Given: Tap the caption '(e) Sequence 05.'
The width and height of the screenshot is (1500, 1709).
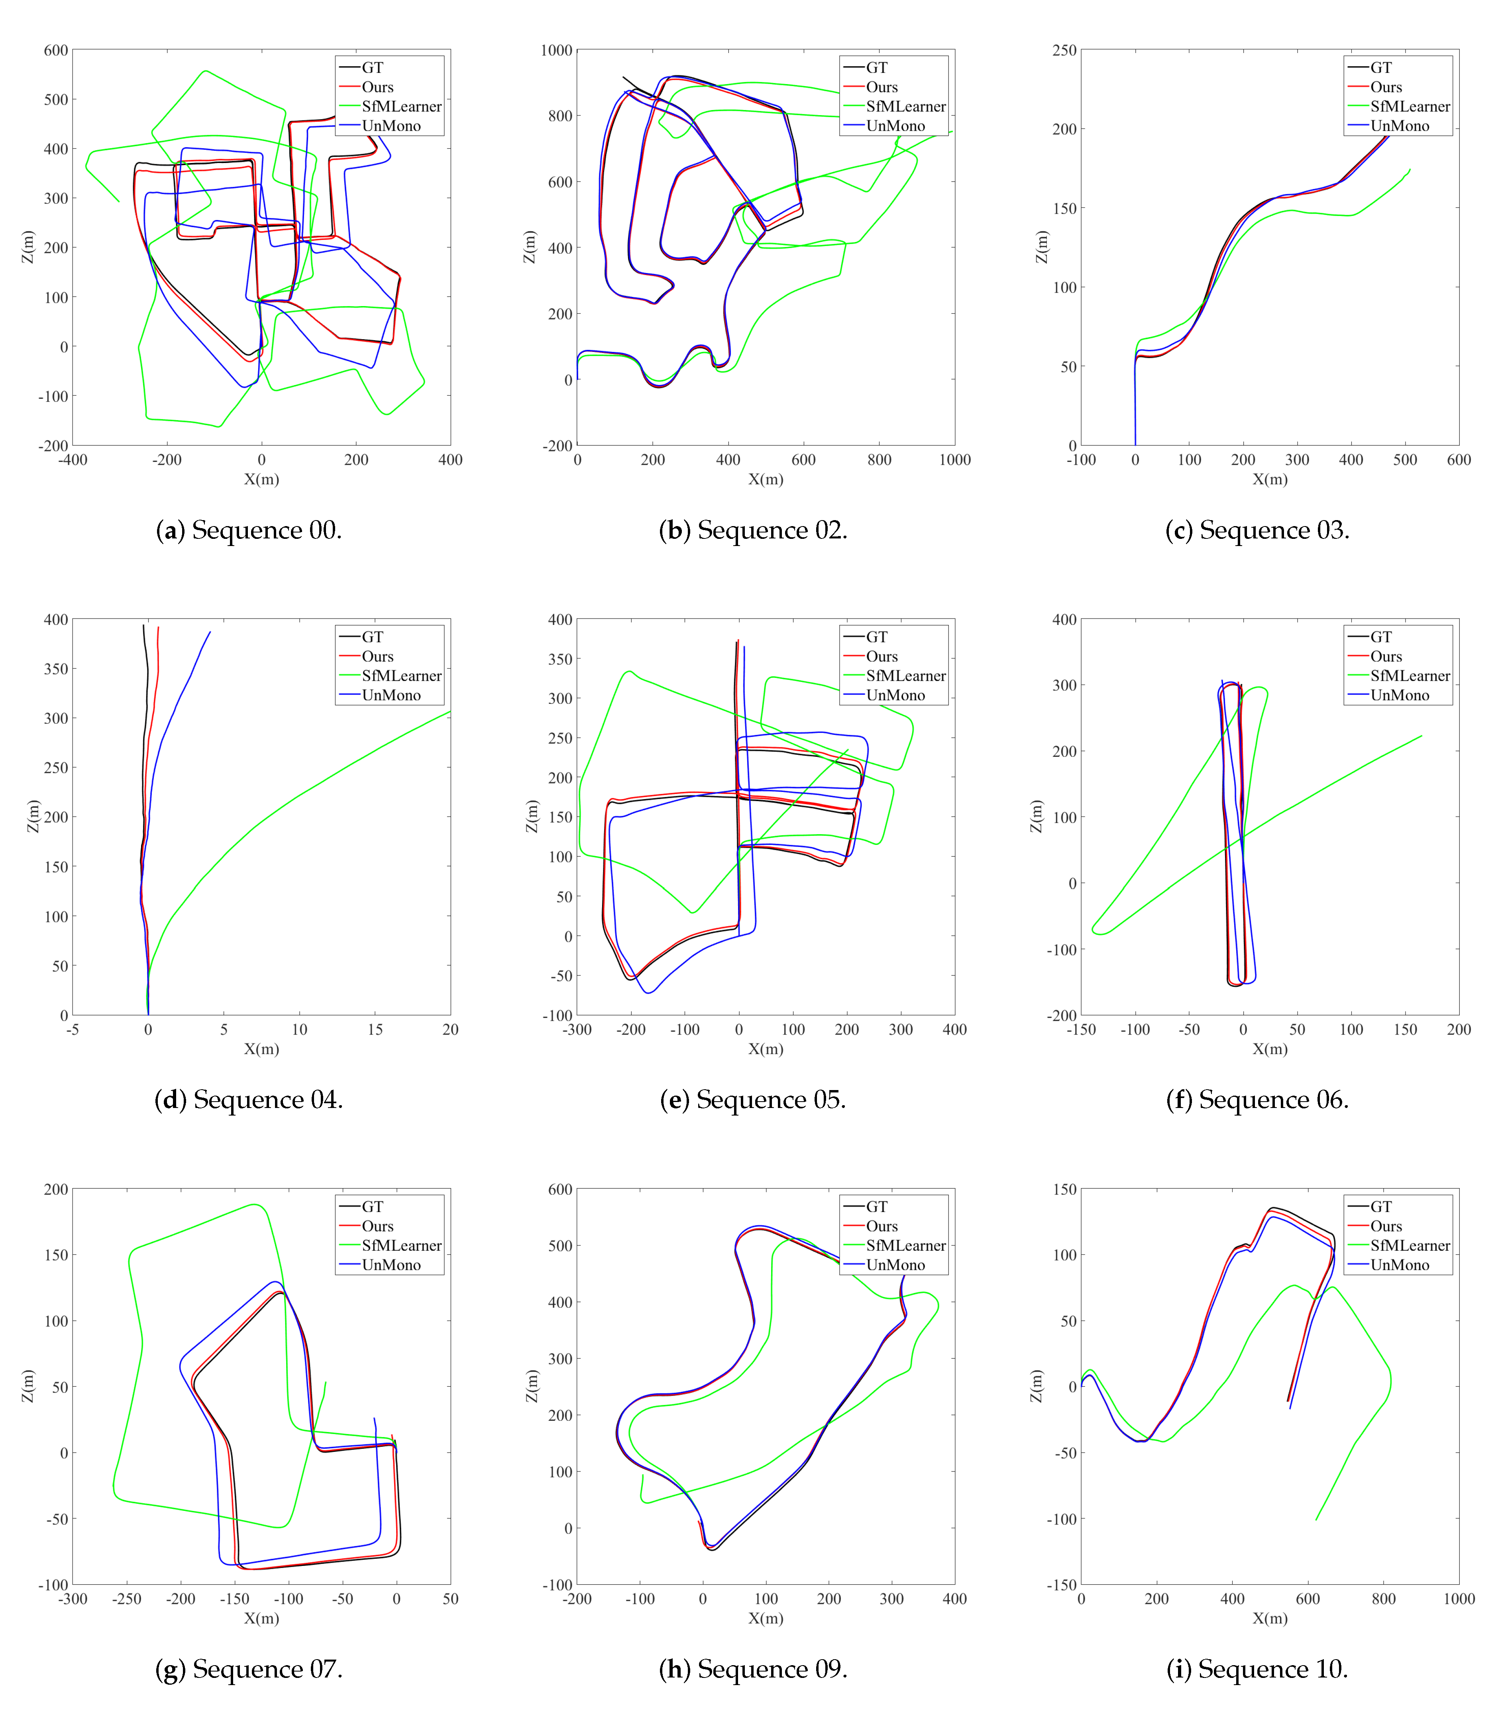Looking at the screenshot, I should (x=752, y=1100).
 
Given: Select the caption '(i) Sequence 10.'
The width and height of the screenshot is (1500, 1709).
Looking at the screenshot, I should (x=1257, y=1669).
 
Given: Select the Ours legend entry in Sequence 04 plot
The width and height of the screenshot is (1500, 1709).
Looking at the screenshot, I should (x=377, y=656).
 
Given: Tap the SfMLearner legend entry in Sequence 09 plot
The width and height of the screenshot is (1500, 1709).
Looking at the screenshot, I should (x=905, y=1245).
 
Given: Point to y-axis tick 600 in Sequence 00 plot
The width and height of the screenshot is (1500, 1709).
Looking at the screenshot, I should (x=56, y=50).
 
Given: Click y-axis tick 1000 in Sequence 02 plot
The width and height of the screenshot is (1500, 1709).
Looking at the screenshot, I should (x=556, y=50).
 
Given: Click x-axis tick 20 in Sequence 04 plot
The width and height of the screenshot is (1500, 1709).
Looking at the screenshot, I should (x=450, y=1029).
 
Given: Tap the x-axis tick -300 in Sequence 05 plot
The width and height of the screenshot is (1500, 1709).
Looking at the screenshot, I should (x=577, y=1029).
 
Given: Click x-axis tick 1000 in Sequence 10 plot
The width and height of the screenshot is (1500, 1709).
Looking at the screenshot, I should (x=1458, y=1599).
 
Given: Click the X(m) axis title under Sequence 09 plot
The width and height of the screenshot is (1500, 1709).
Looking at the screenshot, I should (x=765, y=1618).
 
